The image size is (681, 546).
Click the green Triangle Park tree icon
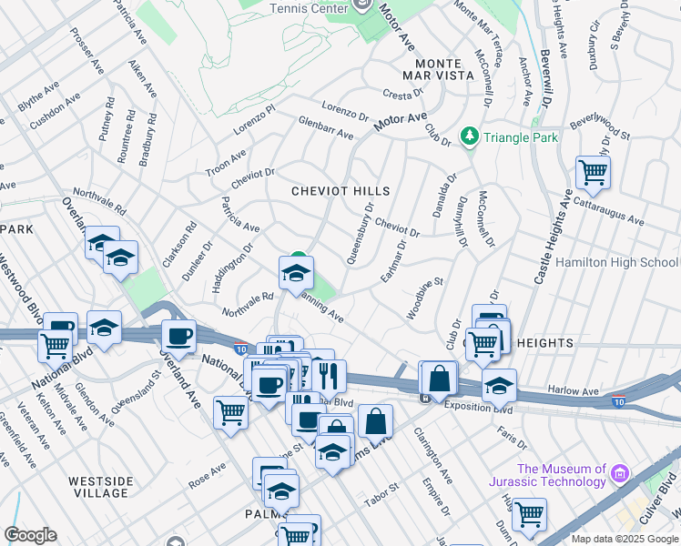469,136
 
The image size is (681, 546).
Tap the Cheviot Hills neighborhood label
340,191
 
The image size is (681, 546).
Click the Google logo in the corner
31,535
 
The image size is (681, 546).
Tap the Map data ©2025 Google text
625,539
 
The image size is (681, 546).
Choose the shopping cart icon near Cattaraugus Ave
593,171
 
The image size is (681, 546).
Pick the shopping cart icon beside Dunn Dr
529,514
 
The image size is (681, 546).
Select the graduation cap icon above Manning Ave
296,272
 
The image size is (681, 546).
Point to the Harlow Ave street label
573,390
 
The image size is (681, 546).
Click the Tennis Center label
310,8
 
